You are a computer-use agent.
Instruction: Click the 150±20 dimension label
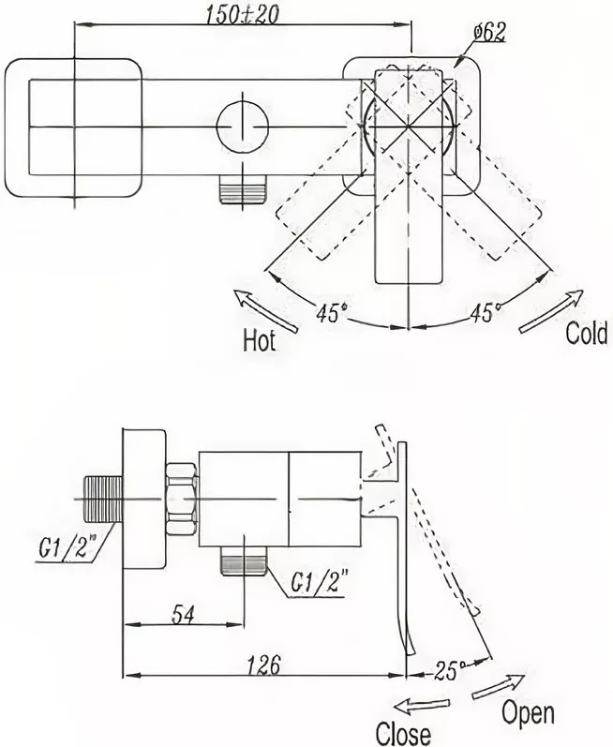243,15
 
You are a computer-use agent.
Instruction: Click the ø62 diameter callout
488,33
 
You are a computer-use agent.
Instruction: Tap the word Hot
259,340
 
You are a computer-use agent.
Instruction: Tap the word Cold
587,333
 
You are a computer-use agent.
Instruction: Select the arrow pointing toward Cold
550,312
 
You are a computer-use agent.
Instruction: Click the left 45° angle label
332,313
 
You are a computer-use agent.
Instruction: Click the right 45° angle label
486,312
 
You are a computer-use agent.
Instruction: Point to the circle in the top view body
243,127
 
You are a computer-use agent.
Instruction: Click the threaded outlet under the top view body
243,188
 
